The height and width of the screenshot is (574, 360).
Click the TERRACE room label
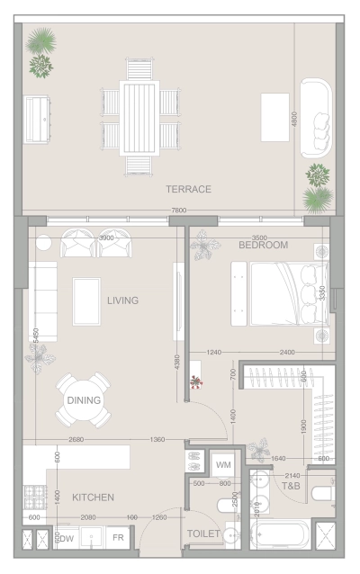click(x=188, y=189)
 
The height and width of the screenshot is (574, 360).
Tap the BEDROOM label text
click(x=263, y=245)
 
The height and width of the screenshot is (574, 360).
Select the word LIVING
click(x=122, y=300)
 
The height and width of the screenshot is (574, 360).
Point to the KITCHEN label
click(x=94, y=497)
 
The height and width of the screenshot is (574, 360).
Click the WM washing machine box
click(x=223, y=464)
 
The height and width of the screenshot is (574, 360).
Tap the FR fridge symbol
click(x=118, y=537)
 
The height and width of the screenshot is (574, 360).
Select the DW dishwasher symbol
click(x=67, y=538)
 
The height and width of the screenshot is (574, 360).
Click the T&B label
click(x=291, y=486)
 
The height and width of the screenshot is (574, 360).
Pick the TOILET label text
click(x=202, y=534)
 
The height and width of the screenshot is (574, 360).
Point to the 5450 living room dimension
click(x=35, y=335)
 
